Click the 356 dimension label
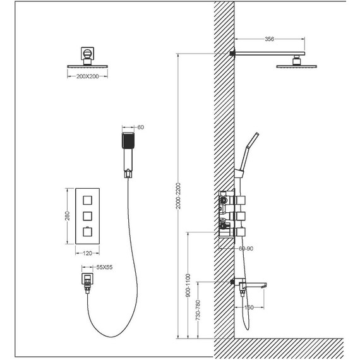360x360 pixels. pyautogui.click(x=270, y=39)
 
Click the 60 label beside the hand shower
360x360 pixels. pyautogui.click(x=141, y=128)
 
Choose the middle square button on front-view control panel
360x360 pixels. pyautogui.click(x=88, y=215)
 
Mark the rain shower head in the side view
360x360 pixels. pyautogui.click(x=296, y=65)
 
